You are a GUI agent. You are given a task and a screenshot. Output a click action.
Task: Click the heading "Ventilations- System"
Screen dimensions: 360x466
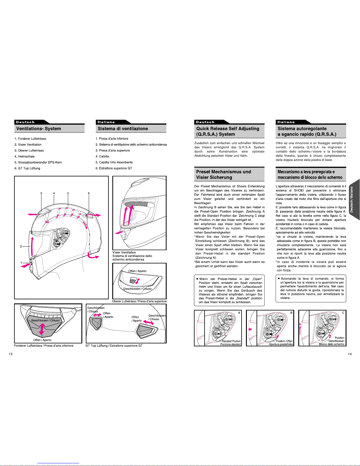pyautogui.click(x=38, y=129)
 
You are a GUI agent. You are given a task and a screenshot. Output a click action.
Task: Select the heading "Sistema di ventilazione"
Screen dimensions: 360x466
pyautogui.click(x=123, y=129)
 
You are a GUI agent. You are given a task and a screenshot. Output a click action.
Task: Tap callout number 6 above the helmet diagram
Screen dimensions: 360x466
pyautogui.click(x=89, y=193)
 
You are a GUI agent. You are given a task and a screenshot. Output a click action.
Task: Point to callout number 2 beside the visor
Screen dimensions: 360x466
pyautogui.click(x=21, y=246)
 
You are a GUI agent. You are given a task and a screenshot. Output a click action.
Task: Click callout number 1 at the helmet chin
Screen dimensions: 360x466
pyautogui.click(x=21, y=263)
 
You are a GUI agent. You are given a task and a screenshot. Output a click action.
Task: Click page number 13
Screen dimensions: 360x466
pyautogui.click(x=11, y=354)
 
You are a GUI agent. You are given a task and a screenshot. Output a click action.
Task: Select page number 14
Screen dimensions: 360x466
pyautogui.click(x=350, y=354)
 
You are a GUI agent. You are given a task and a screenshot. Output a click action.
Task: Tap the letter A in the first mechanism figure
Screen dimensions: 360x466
pyautogui.click(x=239, y=313)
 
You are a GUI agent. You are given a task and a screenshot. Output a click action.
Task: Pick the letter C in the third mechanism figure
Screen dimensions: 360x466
pyautogui.click(x=343, y=313)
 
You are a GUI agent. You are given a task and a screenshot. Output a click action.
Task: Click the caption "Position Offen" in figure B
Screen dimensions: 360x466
pyautogui.click(x=284, y=341)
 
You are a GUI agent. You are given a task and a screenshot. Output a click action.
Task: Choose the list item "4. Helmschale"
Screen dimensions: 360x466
pyautogui.click(x=24, y=156)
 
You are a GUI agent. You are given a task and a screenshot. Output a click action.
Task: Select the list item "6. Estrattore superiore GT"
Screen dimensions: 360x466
pyautogui.click(x=114, y=168)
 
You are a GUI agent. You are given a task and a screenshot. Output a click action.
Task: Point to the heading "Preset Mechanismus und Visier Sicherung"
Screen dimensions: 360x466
pyautogui.click(x=224, y=175)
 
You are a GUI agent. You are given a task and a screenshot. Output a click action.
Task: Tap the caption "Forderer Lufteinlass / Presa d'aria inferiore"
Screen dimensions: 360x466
pyautogui.click(x=44, y=345)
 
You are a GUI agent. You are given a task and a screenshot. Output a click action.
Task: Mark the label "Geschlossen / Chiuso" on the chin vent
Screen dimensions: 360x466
pyautogui.click(x=46, y=320)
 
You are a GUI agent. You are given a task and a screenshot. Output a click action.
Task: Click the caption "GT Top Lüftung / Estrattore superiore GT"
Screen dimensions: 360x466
pyautogui.click(x=114, y=345)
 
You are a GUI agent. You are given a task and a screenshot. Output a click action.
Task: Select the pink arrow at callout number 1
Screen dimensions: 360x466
pyautogui.click(x=26, y=265)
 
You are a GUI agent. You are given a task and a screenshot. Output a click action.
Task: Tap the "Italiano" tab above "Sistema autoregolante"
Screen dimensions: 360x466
pyautogui.click(x=286, y=122)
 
